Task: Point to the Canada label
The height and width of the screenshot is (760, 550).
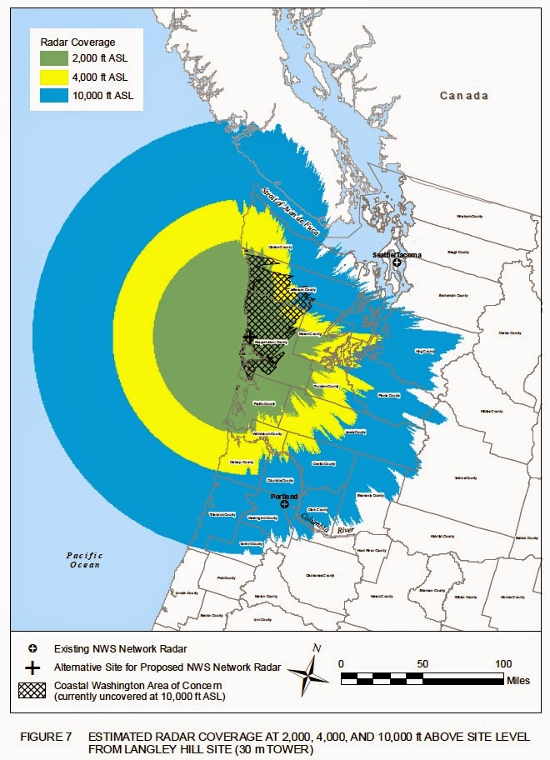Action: [x=465, y=96]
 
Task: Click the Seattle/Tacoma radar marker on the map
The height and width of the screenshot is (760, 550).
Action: [x=397, y=262]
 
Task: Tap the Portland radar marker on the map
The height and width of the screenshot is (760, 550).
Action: [x=285, y=504]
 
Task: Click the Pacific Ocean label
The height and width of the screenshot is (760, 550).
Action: [x=85, y=560]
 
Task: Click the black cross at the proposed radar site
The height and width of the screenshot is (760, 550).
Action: [x=248, y=336]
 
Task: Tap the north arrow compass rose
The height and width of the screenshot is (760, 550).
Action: [x=316, y=672]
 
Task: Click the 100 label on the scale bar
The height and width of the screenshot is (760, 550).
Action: [x=504, y=663]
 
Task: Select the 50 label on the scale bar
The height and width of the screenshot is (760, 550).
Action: [x=423, y=663]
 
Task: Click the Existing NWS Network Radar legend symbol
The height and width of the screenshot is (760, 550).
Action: [x=32, y=647]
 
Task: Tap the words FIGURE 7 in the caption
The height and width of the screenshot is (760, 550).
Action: [x=44, y=737]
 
